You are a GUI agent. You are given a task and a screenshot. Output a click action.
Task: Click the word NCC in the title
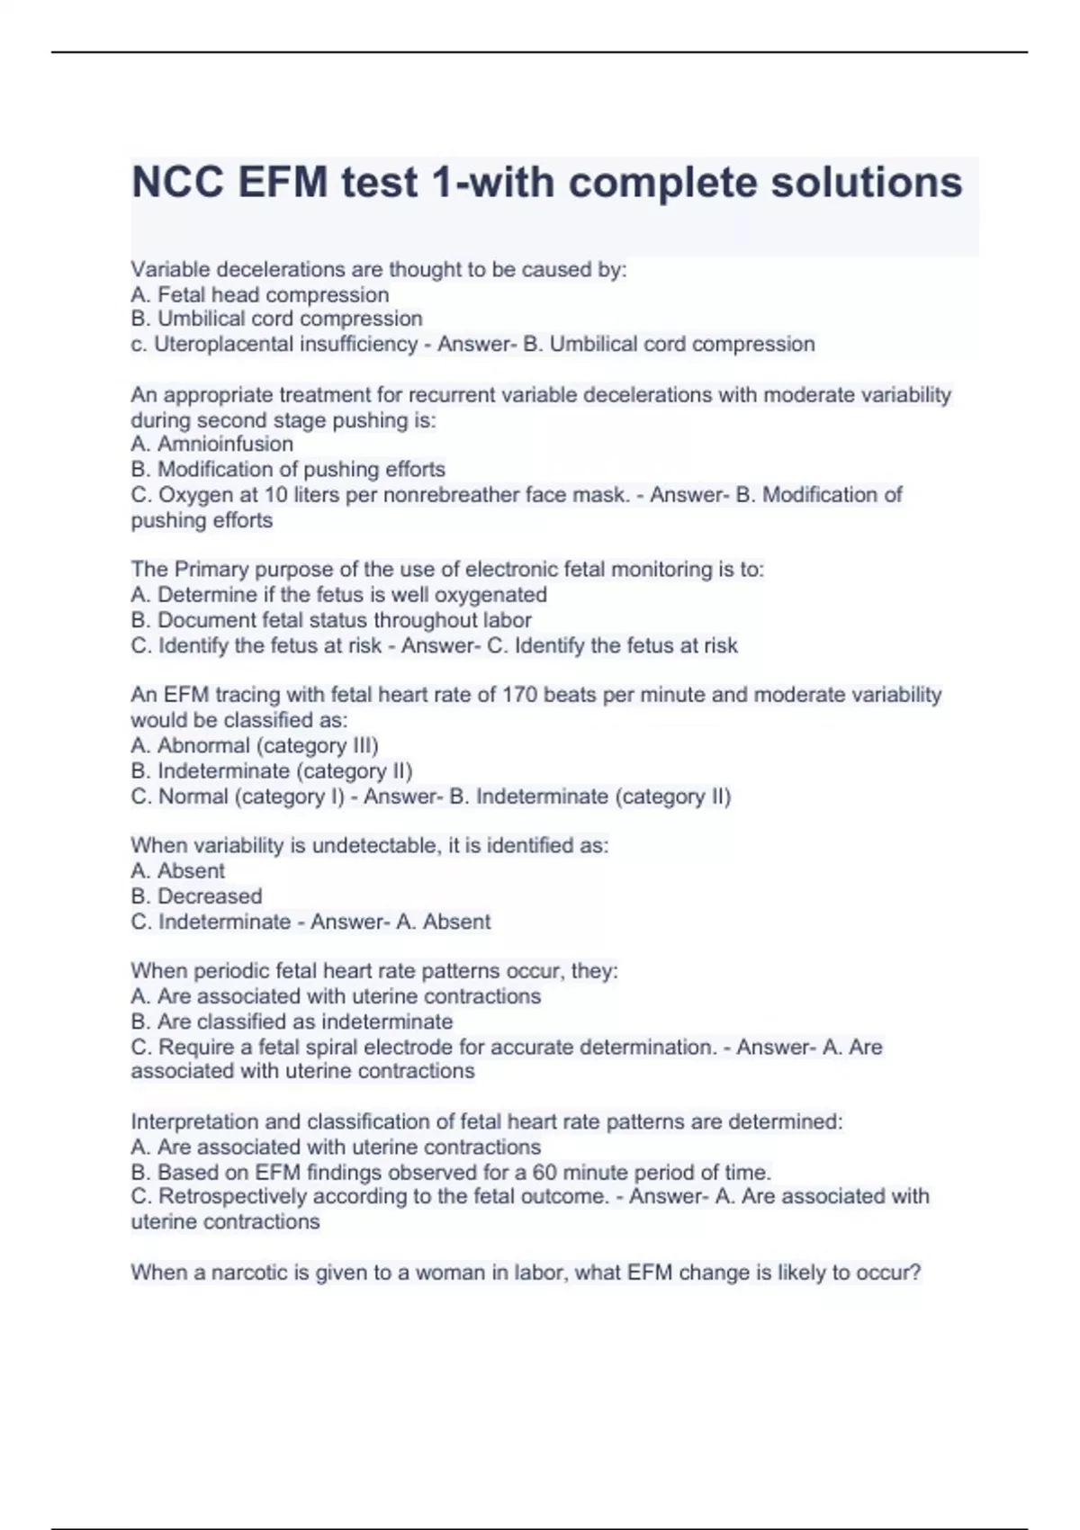[177, 183]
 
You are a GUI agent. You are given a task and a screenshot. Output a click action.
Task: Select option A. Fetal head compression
[260, 294]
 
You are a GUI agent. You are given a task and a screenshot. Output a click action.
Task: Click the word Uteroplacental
[217, 344]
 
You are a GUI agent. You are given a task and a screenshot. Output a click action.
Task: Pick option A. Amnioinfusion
[212, 444]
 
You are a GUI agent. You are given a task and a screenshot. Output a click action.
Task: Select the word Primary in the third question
[211, 570]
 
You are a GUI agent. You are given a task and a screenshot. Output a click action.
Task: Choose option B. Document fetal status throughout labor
[331, 620]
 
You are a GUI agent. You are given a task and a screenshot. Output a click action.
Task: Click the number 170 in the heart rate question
[520, 695]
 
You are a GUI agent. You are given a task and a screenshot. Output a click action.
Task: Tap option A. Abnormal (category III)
[255, 745]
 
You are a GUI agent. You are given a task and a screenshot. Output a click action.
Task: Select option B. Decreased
[197, 896]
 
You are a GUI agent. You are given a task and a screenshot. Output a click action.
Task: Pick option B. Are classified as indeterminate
[292, 1021]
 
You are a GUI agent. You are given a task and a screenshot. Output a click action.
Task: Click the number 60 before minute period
[544, 1173]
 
